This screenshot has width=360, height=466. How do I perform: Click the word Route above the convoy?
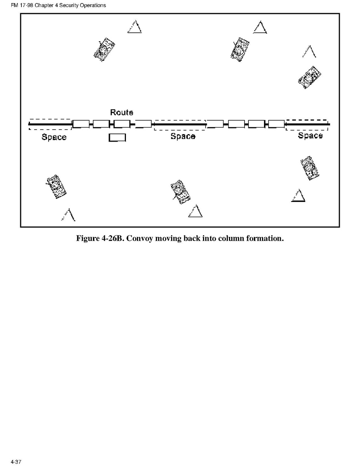click(x=122, y=112)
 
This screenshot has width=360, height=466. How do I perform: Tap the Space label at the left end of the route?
click(x=54, y=137)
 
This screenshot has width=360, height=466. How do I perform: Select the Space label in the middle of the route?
click(x=183, y=136)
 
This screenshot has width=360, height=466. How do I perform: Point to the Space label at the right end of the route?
click(x=310, y=135)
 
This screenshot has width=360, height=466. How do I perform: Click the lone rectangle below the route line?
click(x=117, y=138)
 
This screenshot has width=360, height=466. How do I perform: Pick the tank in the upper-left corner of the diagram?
click(x=104, y=49)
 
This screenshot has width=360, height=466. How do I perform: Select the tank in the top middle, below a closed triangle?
click(x=240, y=49)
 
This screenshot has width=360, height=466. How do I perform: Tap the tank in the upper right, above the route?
click(x=309, y=77)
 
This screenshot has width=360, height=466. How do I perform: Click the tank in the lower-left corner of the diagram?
click(x=56, y=187)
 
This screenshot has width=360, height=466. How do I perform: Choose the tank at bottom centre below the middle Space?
click(x=180, y=192)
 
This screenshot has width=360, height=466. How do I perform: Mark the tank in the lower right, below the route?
click(x=310, y=168)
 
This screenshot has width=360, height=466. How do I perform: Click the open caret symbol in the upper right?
click(x=309, y=51)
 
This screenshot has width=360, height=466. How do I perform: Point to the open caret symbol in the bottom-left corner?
click(x=68, y=215)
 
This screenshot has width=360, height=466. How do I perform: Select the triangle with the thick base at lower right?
click(x=298, y=196)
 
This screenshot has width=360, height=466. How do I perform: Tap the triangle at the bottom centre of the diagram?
click(x=196, y=211)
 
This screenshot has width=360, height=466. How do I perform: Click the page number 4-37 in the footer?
click(x=16, y=462)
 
